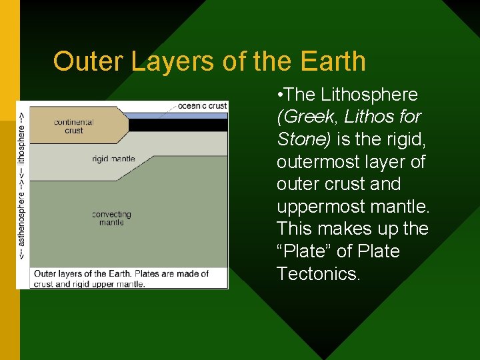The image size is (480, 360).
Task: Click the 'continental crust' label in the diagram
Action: click(73, 127)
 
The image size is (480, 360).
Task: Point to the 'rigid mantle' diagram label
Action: click(113, 159)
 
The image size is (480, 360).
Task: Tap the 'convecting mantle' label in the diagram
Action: click(111, 218)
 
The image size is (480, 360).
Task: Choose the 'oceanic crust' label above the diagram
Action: click(203, 105)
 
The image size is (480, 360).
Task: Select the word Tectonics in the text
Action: click(319, 274)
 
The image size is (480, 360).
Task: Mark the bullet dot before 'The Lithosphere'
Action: click(282, 95)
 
